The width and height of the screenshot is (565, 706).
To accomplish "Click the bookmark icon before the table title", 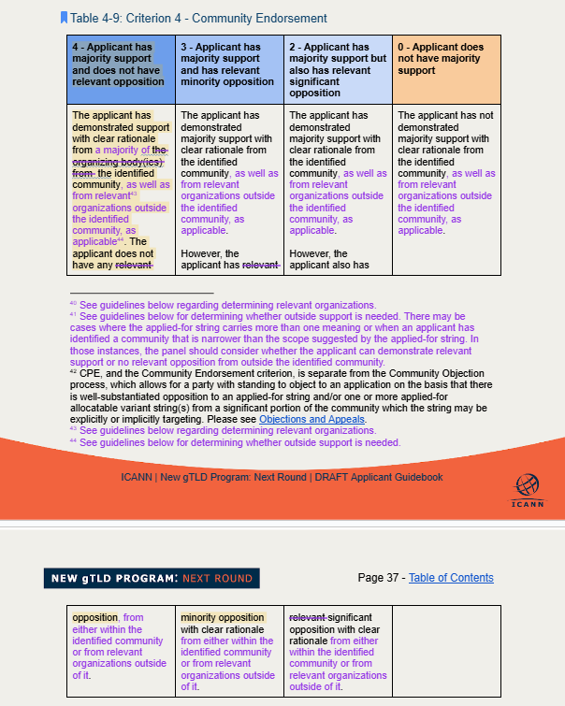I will click(64, 17).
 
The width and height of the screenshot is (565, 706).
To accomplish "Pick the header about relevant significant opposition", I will click(338, 69).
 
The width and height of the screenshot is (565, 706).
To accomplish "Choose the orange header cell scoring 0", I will click(446, 58).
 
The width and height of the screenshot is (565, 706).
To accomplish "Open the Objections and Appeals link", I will click(311, 419).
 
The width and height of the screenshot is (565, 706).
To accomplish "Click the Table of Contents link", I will click(451, 578).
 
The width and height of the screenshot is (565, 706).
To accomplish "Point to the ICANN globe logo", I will click(527, 485).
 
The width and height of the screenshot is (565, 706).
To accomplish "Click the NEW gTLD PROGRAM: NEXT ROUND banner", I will click(152, 579).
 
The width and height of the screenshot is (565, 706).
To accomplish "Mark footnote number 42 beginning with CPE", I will click(281, 396).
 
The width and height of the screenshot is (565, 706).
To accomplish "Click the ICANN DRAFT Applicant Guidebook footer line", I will click(282, 477).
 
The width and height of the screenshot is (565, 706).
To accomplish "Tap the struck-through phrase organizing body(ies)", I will click(114, 161).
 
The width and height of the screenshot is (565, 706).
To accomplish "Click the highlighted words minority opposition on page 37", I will click(223, 617).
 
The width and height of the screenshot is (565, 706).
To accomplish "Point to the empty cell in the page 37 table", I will click(446, 651).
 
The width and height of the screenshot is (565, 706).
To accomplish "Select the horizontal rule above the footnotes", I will click(141, 293).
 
